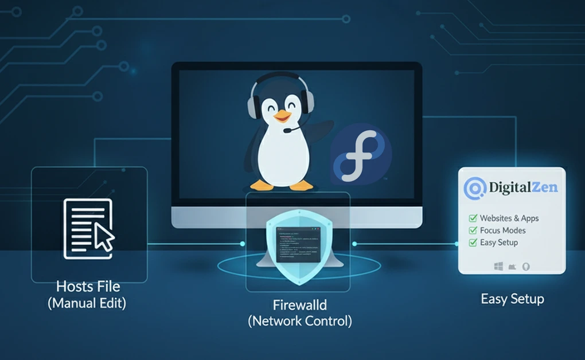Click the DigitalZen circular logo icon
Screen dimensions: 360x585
point(474,187)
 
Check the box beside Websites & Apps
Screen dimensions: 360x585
point(473,218)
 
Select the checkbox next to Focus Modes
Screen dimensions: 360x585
point(473,230)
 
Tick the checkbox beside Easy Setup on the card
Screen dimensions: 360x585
point(473,242)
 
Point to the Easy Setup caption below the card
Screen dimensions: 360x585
point(512,299)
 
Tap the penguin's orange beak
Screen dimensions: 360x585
point(282,117)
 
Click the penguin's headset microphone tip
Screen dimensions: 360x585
point(286,130)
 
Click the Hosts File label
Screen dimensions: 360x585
point(88,286)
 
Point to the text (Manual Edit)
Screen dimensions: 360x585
point(87,303)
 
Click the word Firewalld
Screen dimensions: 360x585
point(299,305)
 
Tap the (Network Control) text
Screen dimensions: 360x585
point(299,321)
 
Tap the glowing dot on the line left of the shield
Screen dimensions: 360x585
point(242,244)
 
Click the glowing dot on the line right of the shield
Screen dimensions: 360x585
point(354,244)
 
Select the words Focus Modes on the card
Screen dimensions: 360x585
point(503,230)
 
